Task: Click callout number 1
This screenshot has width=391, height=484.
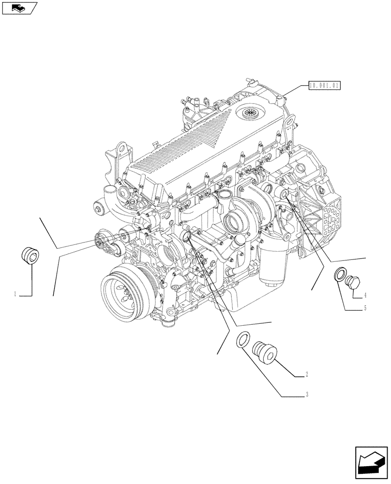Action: pos(15,294)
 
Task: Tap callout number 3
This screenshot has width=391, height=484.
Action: pos(307,395)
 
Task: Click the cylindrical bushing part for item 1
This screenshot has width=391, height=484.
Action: pos(30,255)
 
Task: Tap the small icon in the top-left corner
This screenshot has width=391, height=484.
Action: pos(20,8)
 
